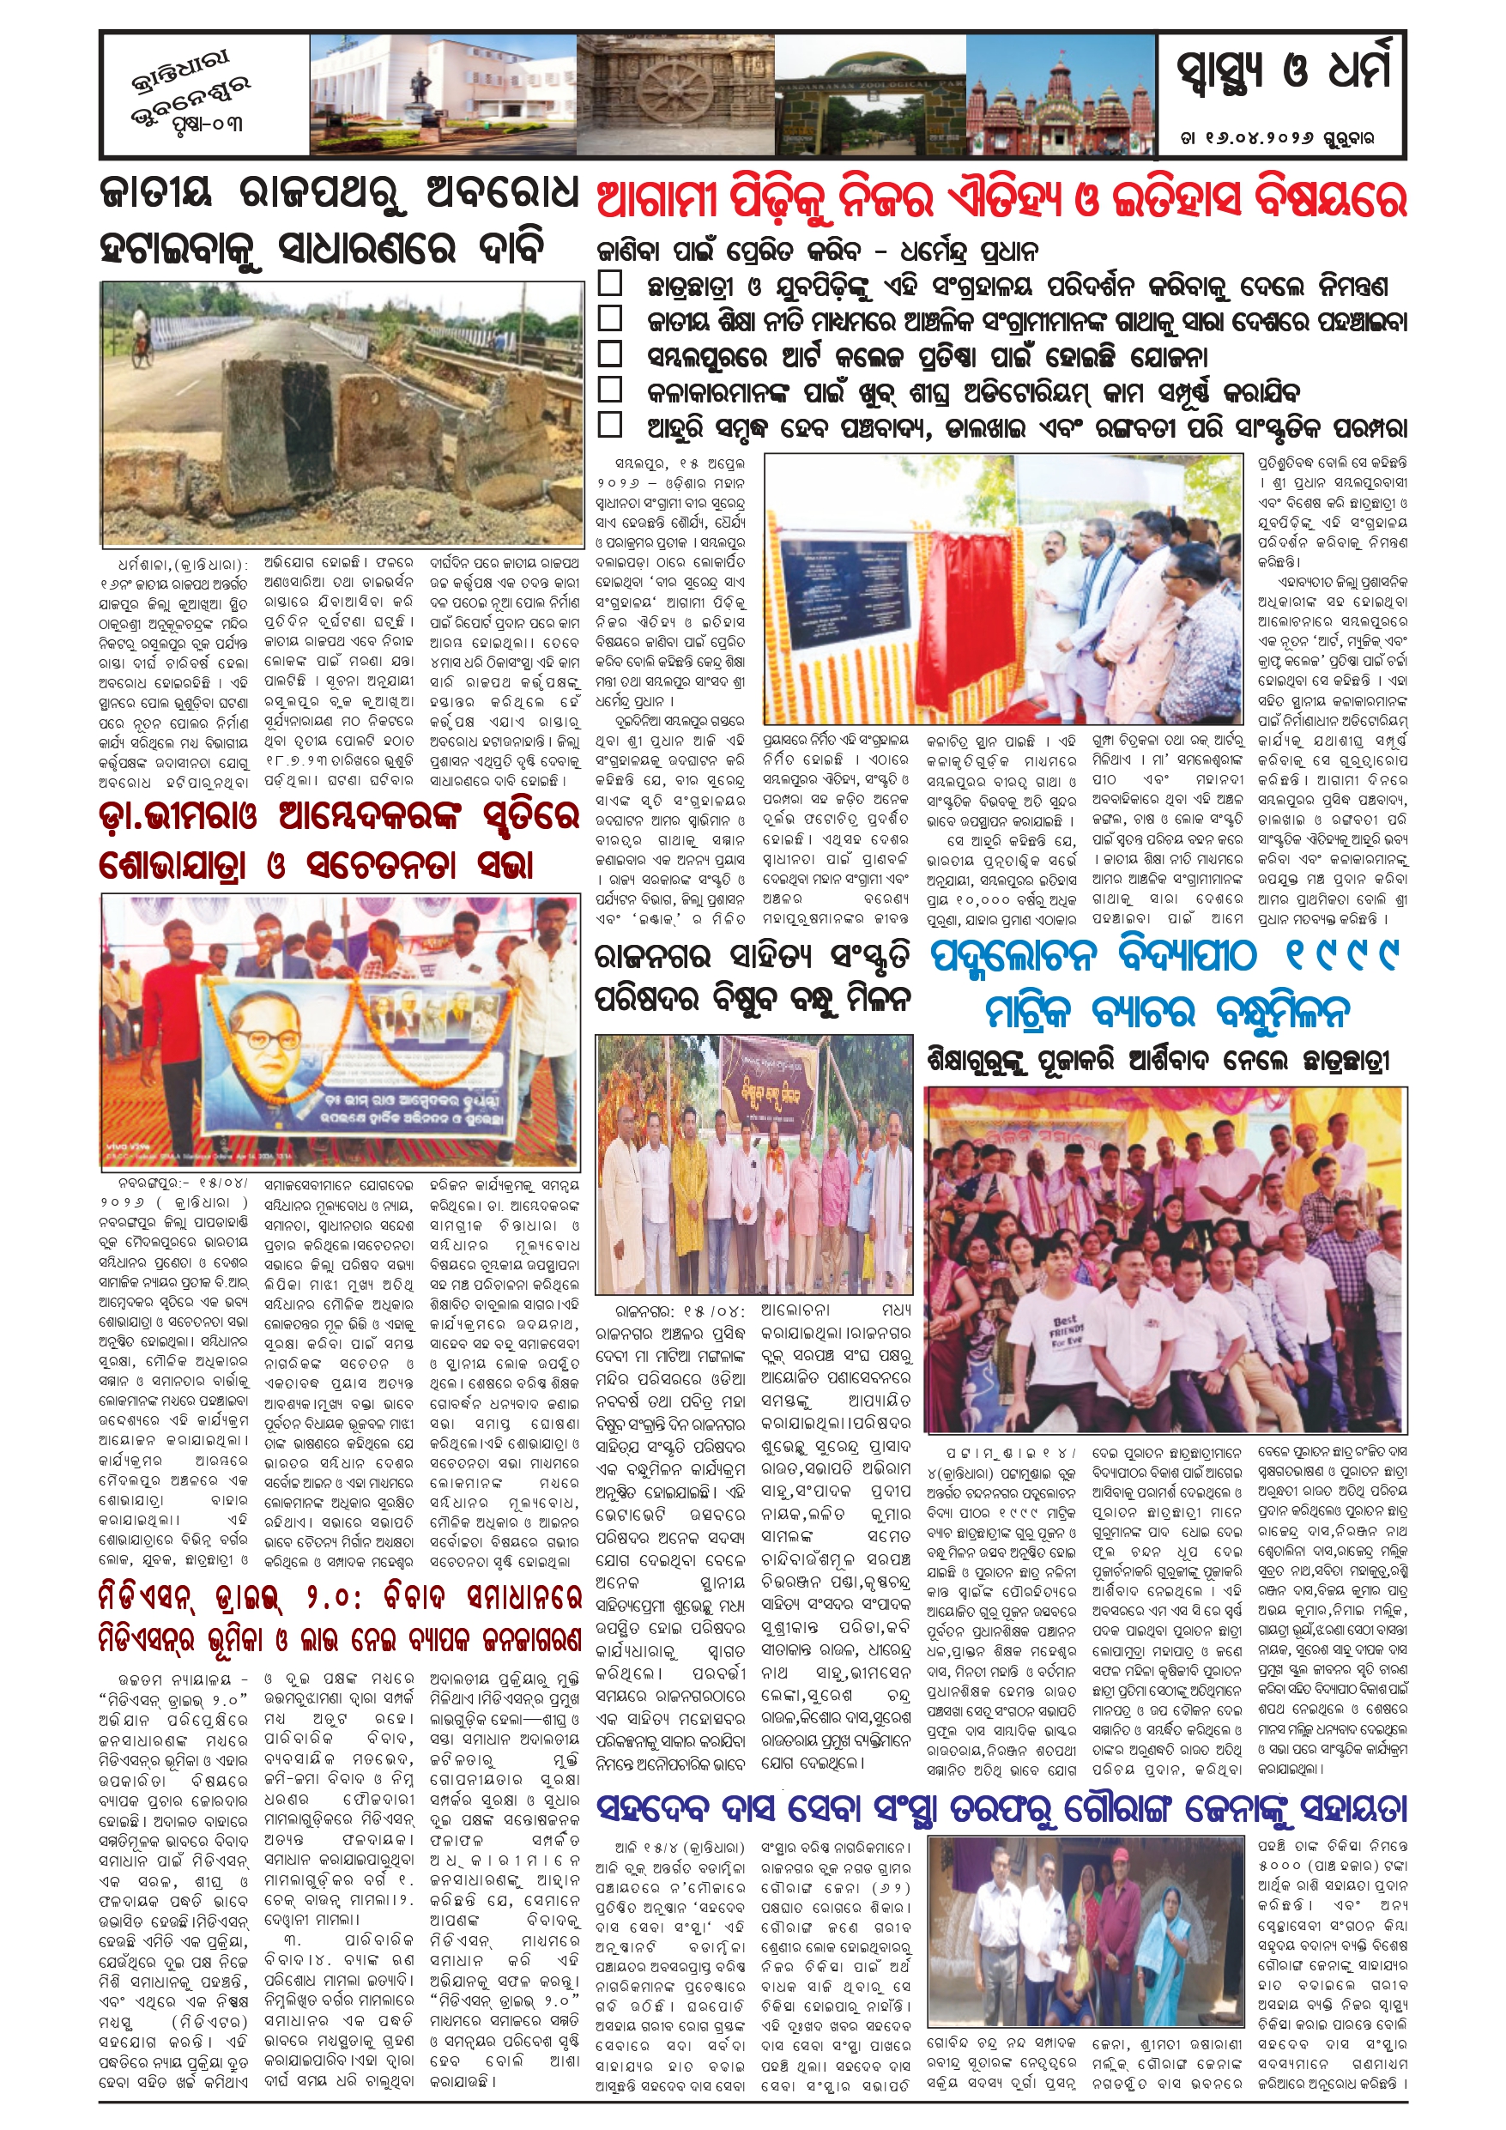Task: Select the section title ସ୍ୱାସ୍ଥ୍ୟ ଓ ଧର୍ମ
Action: [x=1283, y=72]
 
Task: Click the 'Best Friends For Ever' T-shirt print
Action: [x=1069, y=1326]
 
